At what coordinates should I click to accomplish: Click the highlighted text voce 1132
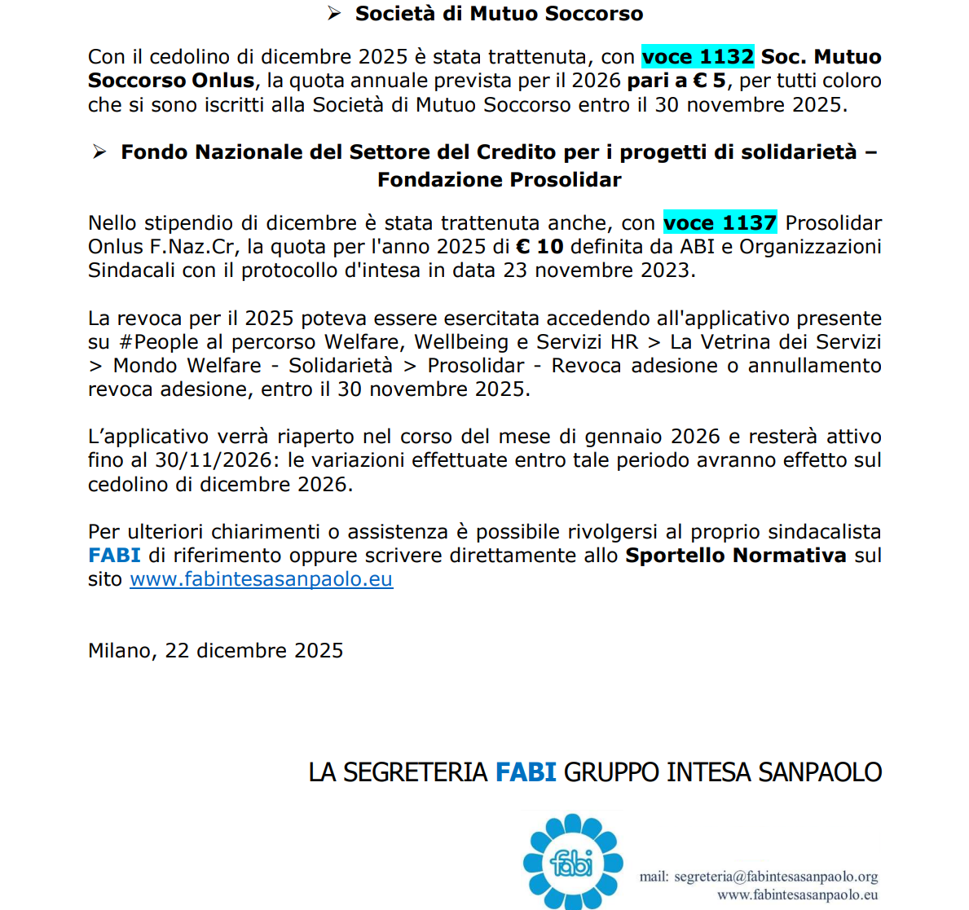[x=698, y=56]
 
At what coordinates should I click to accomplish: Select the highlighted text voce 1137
[x=720, y=222]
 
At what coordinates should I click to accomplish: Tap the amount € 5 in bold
[x=709, y=81]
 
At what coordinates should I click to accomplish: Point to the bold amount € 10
[x=540, y=247]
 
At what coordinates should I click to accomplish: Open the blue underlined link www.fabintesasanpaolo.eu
[x=261, y=579]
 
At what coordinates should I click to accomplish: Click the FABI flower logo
[x=572, y=861]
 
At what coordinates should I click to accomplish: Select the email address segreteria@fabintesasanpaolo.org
[x=776, y=877]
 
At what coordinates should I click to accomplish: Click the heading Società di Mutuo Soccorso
[x=499, y=14]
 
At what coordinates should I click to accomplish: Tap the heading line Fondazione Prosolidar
[x=499, y=180]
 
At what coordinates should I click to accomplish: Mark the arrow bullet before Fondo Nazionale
[x=99, y=152]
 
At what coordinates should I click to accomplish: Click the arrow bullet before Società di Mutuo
[x=333, y=13]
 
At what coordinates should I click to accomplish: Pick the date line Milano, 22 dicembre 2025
[x=215, y=651]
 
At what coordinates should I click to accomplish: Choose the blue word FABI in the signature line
[x=526, y=772]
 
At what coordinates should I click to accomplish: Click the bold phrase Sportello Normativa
[x=736, y=556]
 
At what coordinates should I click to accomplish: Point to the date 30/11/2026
[x=213, y=460]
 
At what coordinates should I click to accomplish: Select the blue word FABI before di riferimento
[x=114, y=556]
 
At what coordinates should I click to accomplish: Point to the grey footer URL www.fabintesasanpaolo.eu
[x=797, y=895]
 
